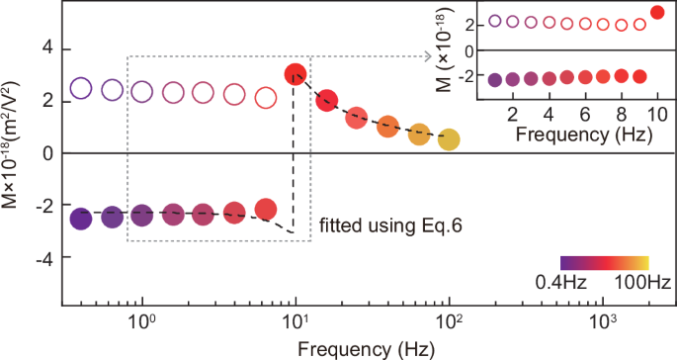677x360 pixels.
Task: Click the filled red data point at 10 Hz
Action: pos(296,74)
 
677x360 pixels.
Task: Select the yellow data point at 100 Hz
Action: pos(449,140)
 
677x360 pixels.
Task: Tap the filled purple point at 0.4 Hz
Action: pos(81,220)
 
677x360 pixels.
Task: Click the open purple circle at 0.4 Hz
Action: pos(81,88)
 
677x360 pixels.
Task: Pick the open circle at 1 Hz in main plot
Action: pos(142,92)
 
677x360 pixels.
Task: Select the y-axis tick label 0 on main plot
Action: pos(45,153)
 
